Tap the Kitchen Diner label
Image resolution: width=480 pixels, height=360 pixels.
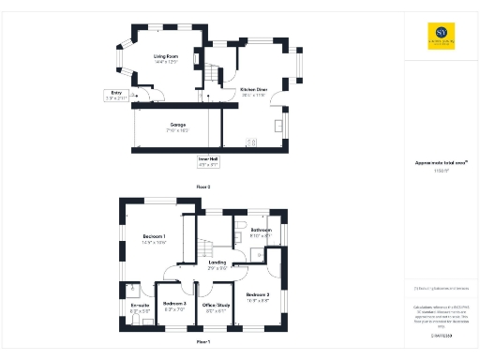point(253,91)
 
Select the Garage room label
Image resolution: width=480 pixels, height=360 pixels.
point(177,126)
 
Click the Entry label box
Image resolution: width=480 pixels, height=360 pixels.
point(118,94)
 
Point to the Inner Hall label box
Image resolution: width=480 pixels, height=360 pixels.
point(207,161)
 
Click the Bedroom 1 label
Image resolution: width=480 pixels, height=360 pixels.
point(154,237)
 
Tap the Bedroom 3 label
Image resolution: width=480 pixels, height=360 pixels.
point(174,305)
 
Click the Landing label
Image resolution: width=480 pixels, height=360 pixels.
point(217,264)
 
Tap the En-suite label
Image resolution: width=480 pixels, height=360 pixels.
point(141,307)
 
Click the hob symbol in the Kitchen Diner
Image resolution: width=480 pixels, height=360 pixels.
point(251,142)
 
